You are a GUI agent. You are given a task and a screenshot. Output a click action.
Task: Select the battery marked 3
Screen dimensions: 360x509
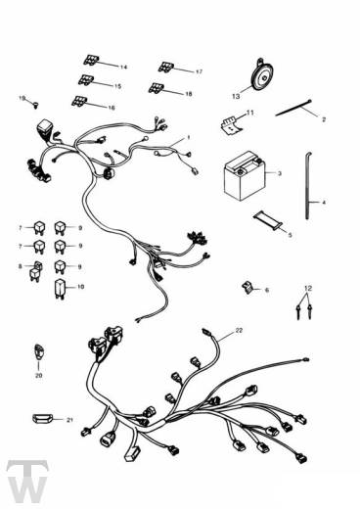(x=244, y=175)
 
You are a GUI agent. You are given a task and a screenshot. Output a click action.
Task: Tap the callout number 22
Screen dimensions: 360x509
(x=239, y=331)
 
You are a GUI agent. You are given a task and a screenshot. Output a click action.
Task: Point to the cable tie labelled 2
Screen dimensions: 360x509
(x=293, y=108)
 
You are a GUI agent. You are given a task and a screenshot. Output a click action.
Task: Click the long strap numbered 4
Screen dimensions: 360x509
(x=307, y=185)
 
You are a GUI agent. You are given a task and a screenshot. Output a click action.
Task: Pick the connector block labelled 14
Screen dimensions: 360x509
(x=91, y=60)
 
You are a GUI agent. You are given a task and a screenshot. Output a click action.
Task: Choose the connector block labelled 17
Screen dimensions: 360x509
(x=166, y=67)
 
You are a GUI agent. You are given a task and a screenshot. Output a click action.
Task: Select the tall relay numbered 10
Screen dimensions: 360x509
(x=60, y=289)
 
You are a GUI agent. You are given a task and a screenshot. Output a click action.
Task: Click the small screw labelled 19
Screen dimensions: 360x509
(x=36, y=105)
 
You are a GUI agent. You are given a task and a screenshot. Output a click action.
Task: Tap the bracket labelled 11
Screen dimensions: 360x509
(x=232, y=125)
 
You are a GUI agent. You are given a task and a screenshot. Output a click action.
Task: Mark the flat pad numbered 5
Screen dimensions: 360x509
(x=268, y=221)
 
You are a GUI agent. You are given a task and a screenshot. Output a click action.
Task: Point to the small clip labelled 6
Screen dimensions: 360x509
(x=247, y=287)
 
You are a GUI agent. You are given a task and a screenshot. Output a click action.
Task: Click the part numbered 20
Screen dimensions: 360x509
(x=39, y=352)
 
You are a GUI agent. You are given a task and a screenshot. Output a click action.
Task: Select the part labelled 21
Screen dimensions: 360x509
(x=42, y=418)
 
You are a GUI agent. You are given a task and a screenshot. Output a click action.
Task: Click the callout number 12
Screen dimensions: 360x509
(x=308, y=289)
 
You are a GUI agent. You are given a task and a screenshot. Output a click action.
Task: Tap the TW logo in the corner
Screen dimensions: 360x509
(x=27, y=481)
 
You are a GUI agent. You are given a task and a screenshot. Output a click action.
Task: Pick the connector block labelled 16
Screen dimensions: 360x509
(x=79, y=101)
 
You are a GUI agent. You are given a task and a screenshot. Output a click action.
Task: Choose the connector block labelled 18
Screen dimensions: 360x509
(x=157, y=88)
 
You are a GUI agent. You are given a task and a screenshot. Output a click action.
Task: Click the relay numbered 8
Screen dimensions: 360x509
(x=35, y=271)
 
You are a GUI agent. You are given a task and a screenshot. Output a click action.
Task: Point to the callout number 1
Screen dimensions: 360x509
(x=189, y=138)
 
